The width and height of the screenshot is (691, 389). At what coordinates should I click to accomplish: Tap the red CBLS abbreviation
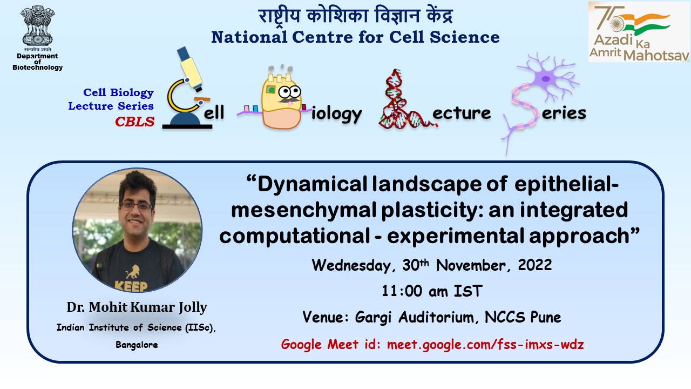pos(134,122)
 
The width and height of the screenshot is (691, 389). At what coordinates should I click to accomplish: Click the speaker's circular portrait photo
pos(137,230)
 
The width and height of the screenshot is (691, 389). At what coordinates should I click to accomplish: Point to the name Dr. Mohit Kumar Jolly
pos(137,307)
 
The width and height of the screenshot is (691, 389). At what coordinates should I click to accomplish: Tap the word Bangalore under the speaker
pos(137,345)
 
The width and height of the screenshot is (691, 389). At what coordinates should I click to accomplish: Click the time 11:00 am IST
pos(431,291)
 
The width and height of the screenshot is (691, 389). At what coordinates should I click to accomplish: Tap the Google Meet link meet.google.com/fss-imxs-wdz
pos(485,344)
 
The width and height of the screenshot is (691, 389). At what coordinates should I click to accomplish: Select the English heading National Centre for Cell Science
pos(355,37)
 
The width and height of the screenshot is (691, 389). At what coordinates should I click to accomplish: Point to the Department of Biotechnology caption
pos(37,62)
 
